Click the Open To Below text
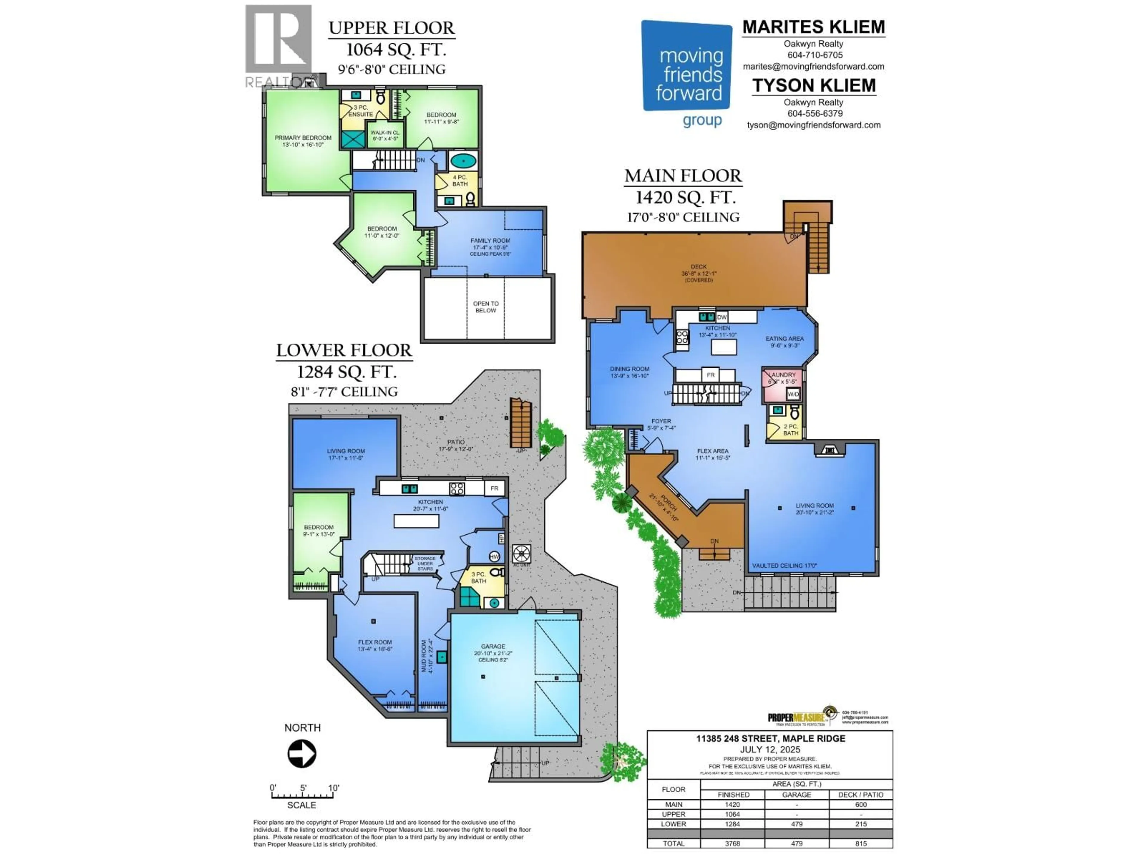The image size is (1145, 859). tap(485, 307)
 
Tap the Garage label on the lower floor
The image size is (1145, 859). tap(493, 647)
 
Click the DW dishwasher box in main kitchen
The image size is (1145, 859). tap(722, 317)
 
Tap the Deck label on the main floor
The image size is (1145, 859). tap(698, 267)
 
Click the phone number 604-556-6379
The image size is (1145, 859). tap(815, 113)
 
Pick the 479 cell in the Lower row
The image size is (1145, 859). tap(796, 824)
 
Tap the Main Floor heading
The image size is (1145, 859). tap(683, 176)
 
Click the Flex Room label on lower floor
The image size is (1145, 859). tap(375, 642)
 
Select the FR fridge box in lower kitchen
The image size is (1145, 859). tap(494, 488)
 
